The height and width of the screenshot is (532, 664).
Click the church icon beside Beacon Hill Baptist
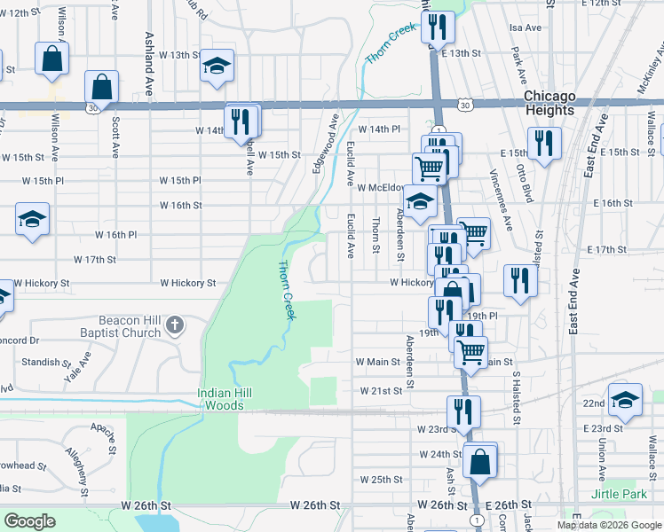pos(175,325)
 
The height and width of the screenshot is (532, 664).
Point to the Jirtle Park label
pos(617,493)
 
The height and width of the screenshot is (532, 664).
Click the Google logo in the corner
pos(29,521)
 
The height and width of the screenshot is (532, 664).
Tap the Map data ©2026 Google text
pos(609,525)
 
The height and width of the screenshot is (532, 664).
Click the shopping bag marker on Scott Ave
pos(101,87)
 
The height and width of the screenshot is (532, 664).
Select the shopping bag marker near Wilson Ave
pos(52,58)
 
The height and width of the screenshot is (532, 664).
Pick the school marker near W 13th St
pos(217,66)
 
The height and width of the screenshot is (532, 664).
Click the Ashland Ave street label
pos(149,53)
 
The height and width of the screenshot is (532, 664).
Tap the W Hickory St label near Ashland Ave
pos(188,284)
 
